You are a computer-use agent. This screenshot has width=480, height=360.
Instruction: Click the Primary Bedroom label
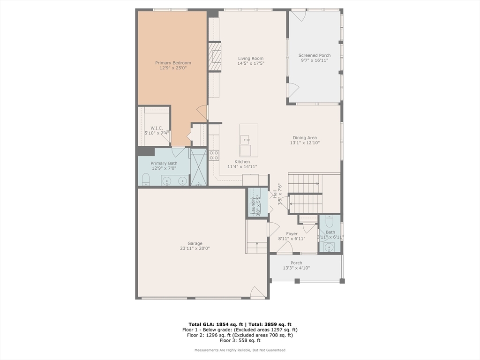[173, 63]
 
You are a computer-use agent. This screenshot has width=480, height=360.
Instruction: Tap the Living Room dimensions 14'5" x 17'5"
[251, 63]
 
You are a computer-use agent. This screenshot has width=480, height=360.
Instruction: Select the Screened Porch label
[315, 55]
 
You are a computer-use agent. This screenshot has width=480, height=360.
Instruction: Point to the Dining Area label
[305, 138]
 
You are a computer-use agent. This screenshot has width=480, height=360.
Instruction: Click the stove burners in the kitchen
[214, 155]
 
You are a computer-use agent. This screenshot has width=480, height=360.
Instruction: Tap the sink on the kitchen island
[245, 140]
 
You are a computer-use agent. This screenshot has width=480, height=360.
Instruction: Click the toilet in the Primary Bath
[146, 179]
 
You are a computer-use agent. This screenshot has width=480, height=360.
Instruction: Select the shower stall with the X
[199, 167]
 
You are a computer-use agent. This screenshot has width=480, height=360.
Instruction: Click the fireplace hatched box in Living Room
[215, 57]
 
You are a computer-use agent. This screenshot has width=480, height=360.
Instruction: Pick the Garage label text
[195, 244]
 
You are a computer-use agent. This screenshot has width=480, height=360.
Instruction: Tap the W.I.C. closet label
[157, 128]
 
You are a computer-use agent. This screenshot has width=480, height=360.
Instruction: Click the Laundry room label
[254, 205]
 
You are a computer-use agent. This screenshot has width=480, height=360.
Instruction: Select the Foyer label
[292, 234]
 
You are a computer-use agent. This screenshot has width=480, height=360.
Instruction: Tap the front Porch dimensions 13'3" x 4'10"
[296, 268]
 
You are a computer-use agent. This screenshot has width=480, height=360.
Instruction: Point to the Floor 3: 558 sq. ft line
[240, 340]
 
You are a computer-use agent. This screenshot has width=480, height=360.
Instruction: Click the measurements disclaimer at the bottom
[240, 350]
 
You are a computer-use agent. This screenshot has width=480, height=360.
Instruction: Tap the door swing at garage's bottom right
[258, 292]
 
